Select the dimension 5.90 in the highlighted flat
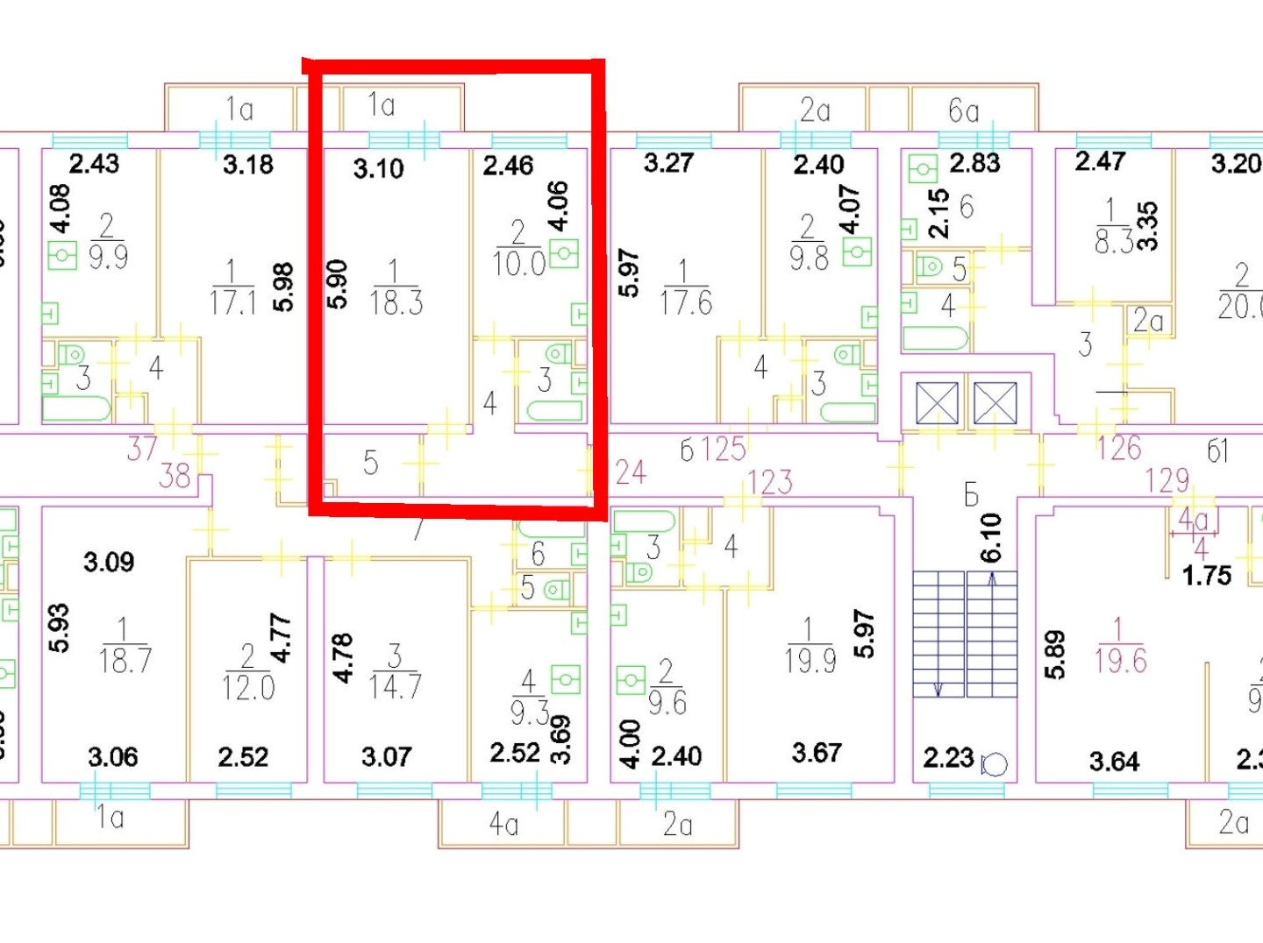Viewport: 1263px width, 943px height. coord(338,284)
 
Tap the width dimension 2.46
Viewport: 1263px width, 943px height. coord(508,166)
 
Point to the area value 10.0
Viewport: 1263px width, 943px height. coord(519,263)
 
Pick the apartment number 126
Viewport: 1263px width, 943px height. coord(1119,449)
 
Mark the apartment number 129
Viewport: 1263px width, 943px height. coord(1167,480)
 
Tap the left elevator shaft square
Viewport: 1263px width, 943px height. coord(938,404)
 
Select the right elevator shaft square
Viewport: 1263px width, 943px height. coord(995,404)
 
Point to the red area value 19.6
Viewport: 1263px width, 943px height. coord(1120,661)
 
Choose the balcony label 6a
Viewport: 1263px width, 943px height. coord(963,111)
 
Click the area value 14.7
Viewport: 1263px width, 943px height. coord(395,687)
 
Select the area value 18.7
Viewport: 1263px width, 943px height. coord(125,661)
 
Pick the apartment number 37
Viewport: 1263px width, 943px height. coord(142,449)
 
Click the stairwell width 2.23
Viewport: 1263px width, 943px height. coord(948,757)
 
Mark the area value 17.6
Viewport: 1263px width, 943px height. coord(686,303)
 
